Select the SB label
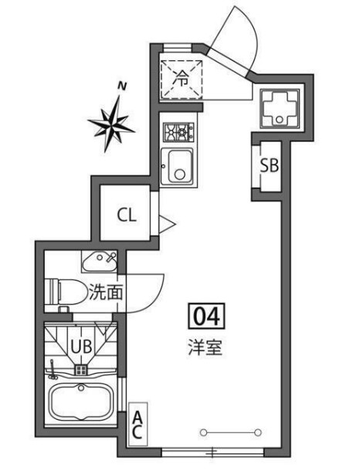(x=269, y=165)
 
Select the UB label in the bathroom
(x=82, y=346)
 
